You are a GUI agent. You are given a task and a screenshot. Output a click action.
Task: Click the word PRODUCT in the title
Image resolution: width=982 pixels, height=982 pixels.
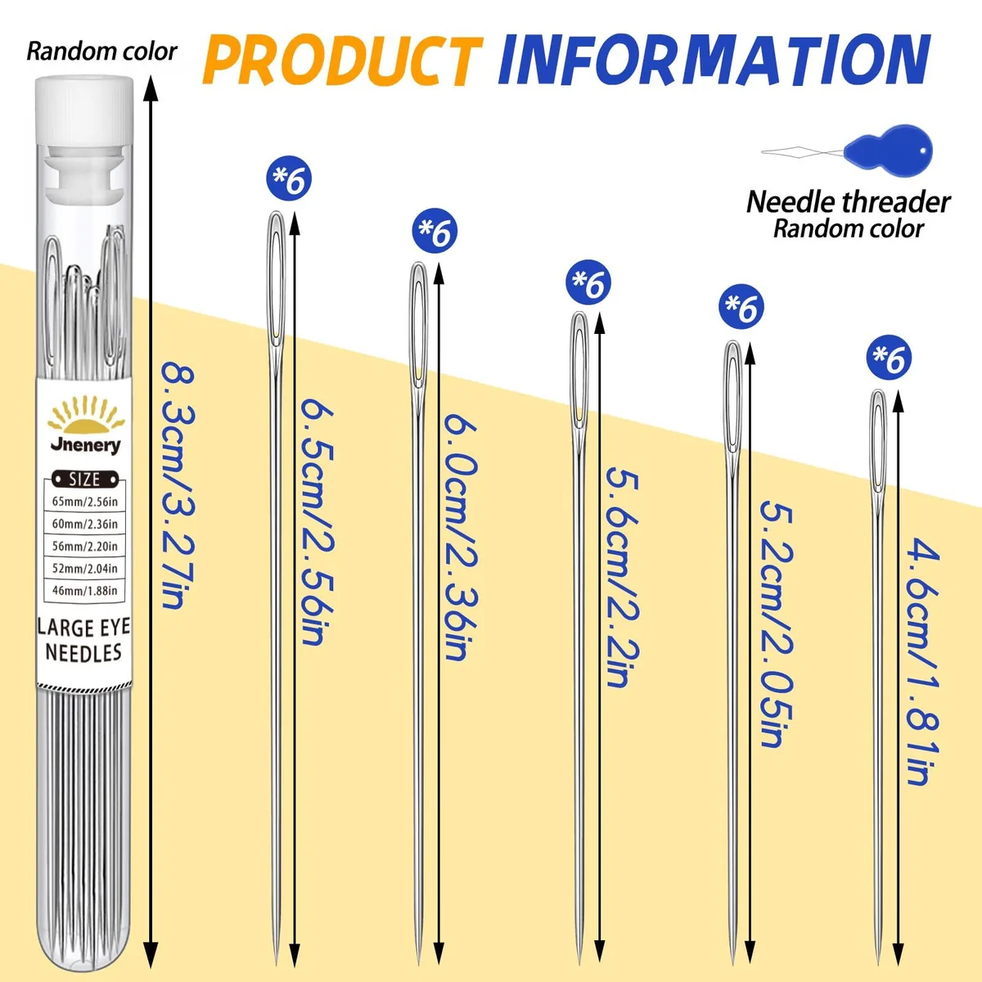[x=342, y=61]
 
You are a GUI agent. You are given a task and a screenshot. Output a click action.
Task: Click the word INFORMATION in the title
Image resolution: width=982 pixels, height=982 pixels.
[x=714, y=60]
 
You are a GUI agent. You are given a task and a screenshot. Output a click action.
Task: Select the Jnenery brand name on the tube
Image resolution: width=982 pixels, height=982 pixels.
[x=86, y=445]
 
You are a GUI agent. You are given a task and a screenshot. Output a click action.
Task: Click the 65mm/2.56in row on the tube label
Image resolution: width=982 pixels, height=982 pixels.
[x=85, y=502]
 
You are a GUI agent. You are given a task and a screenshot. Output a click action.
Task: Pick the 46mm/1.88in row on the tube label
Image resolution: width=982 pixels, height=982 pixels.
[x=85, y=591]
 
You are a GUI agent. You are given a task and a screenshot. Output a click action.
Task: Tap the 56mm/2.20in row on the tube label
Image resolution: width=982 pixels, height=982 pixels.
[x=85, y=547]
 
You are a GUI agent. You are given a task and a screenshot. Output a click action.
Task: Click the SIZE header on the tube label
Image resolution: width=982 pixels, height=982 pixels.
[x=84, y=479]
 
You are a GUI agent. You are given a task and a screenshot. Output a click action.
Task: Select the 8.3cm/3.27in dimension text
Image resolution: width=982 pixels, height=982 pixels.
[x=178, y=485]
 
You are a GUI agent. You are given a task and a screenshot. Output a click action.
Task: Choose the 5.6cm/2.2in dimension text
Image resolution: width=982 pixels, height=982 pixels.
[x=623, y=578]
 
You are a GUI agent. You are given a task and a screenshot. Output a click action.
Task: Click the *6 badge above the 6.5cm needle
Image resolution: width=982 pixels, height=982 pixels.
[x=289, y=178]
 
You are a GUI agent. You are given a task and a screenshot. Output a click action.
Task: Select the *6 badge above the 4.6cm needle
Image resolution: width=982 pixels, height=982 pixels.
[x=890, y=358]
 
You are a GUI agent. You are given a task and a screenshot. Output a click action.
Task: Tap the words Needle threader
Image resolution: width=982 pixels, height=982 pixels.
[x=849, y=202]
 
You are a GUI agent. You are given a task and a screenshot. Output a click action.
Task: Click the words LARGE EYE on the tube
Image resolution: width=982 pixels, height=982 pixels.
[x=84, y=628]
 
